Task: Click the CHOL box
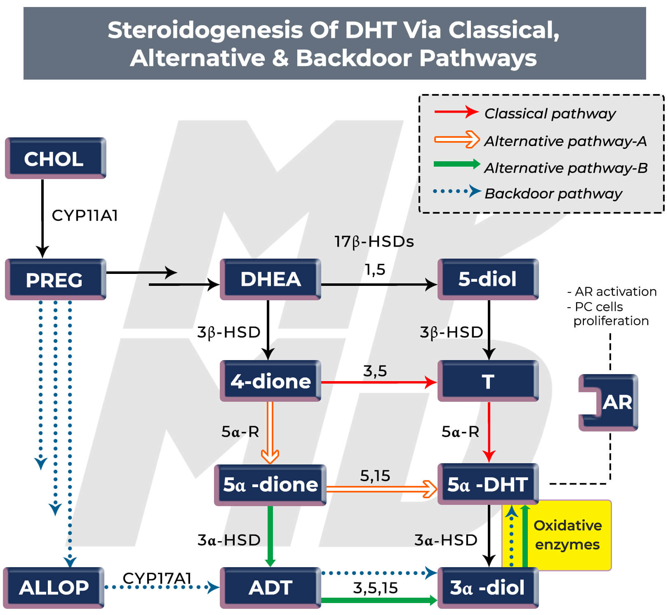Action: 55,158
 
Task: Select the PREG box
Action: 55,280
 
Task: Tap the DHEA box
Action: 270,279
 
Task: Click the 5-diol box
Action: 488,279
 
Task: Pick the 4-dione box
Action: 270,381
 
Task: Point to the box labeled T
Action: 488,381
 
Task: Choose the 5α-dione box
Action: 270,485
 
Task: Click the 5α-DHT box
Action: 488,484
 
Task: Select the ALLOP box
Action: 54,587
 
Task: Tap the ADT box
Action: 270,587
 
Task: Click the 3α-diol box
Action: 488,587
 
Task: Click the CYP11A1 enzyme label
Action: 85,215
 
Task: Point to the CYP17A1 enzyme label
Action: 157,577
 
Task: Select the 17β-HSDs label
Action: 374,242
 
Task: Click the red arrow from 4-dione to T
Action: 379,382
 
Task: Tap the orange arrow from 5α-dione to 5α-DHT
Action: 381,489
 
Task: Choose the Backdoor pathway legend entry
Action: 553,193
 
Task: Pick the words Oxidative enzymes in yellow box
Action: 567,535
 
